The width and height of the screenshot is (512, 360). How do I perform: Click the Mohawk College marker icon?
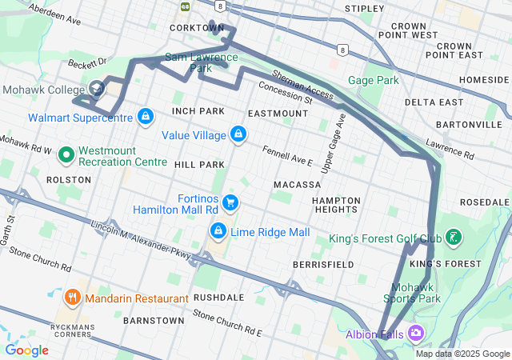tap(97, 88)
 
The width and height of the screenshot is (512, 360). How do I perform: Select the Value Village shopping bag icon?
tap(237, 134)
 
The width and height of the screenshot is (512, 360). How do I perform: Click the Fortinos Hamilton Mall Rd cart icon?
tap(230, 202)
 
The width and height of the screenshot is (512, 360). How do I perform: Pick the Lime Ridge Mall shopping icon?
tap(217, 231)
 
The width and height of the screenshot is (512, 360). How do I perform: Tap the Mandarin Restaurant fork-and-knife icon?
tap(74, 298)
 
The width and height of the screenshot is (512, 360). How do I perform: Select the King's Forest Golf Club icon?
tap(454, 238)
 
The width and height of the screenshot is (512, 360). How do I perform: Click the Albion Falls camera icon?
tap(415, 332)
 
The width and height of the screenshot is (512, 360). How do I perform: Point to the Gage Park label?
tap(374, 80)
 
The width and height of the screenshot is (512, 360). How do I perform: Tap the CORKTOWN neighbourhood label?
tap(197, 27)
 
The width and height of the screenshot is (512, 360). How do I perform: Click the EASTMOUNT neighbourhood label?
tap(278, 114)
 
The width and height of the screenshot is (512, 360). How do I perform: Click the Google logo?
tap(26, 350)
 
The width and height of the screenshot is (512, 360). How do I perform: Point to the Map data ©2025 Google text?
tap(462, 354)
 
